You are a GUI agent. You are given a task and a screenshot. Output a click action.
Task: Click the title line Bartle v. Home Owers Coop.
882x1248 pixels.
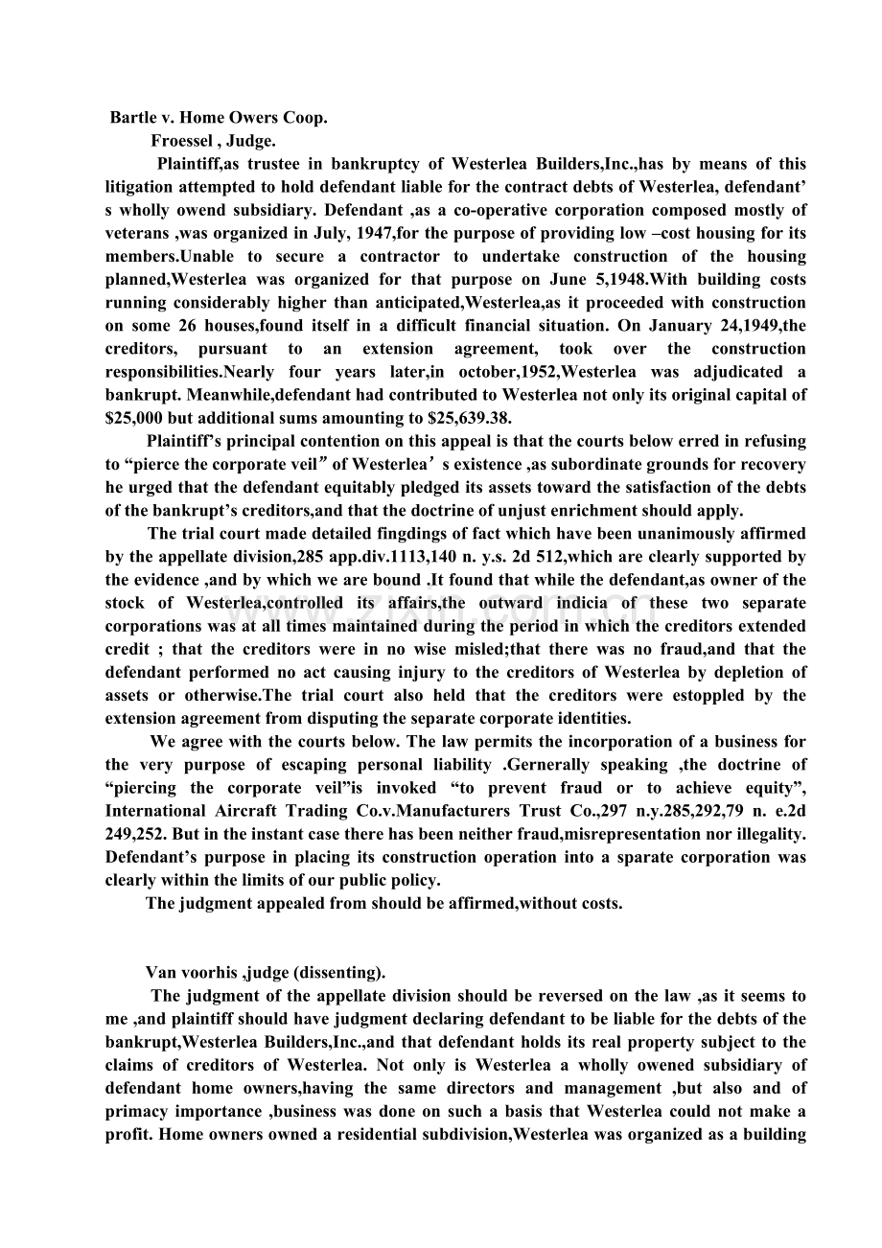click(219, 118)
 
